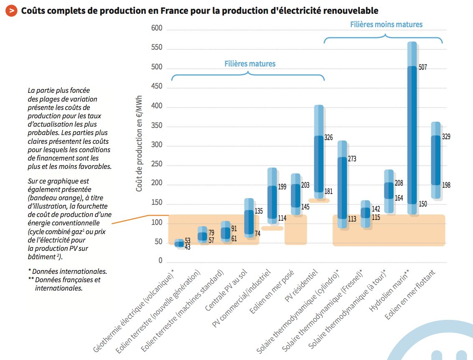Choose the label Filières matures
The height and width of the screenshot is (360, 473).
click(x=250, y=64)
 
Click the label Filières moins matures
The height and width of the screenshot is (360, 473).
click(x=386, y=24)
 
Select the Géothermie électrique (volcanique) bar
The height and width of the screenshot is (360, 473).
click(x=179, y=243)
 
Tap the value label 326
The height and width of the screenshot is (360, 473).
click(x=329, y=137)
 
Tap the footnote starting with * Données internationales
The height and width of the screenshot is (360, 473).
click(x=67, y=271)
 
